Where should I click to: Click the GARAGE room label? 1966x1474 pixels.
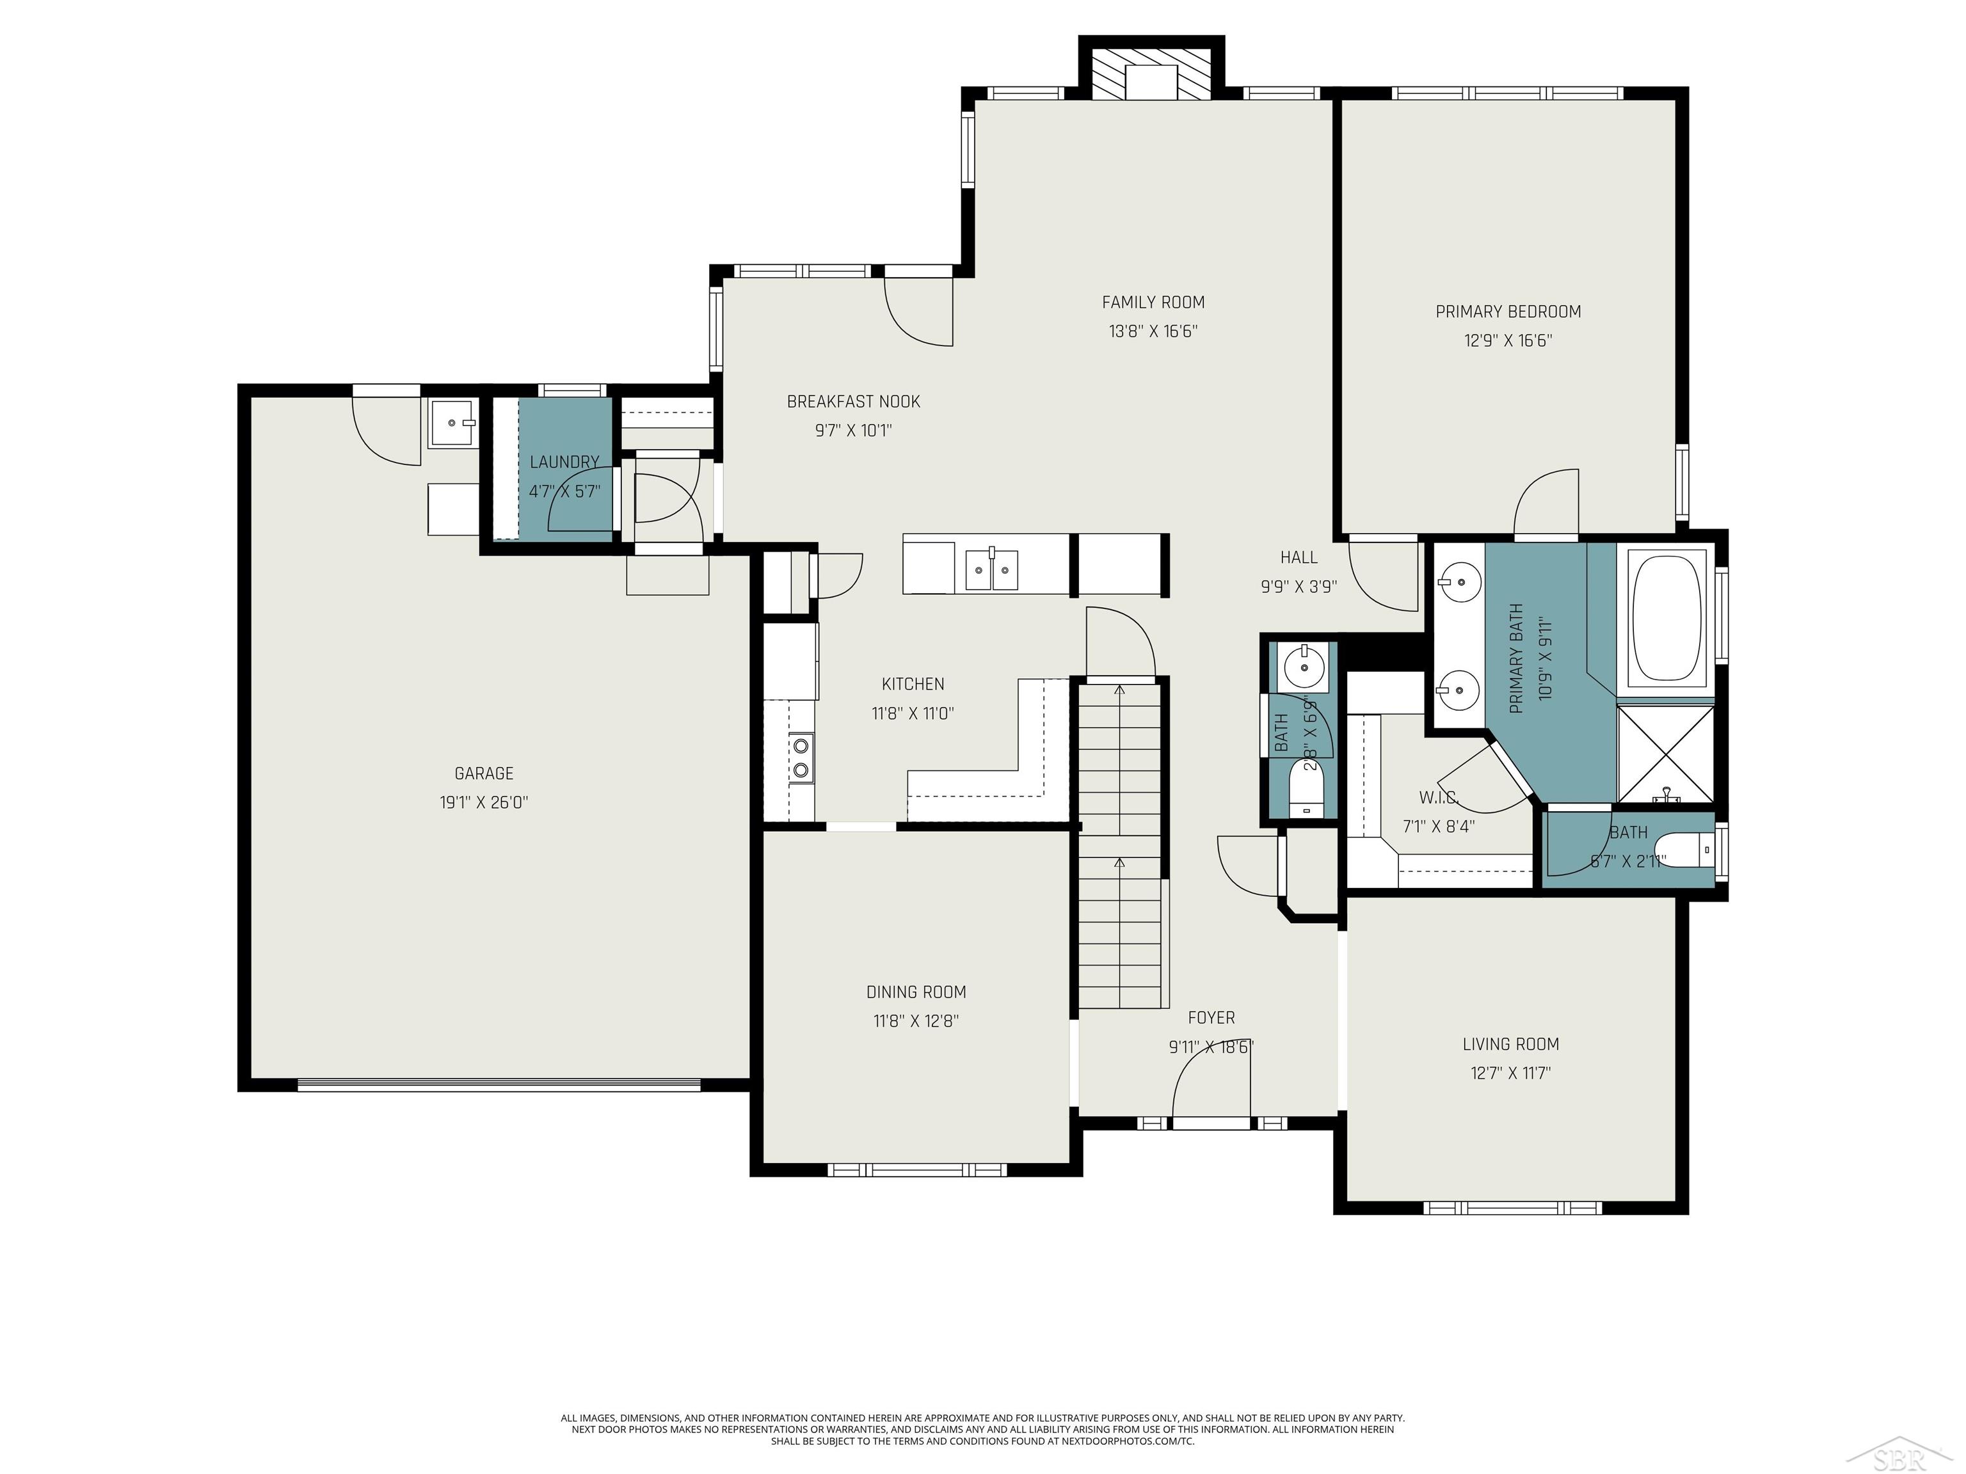pos(484,773)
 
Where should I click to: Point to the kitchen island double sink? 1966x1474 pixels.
pos(992,569)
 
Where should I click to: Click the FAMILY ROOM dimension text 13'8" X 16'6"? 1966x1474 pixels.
pos(1153,331)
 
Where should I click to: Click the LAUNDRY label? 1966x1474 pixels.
pos(564,462)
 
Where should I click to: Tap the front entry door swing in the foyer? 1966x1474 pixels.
pos(1211,1084)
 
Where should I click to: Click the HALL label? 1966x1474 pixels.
pos(1299,558)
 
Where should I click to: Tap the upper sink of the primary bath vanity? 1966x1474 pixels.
pos(1459,582)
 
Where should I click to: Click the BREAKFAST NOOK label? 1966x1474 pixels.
pos(853,402)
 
